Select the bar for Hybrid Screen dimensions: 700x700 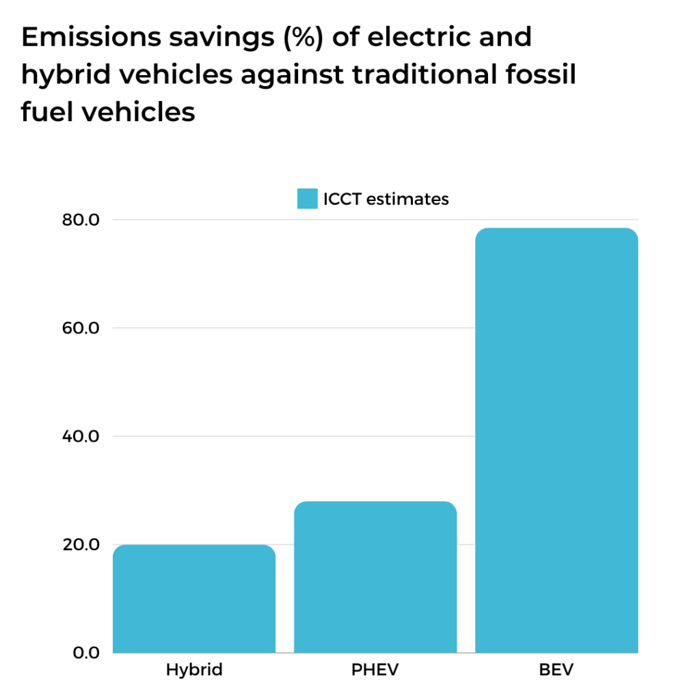pos(193,599)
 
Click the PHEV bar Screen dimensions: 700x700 pos(375,577)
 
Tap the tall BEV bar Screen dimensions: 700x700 pos(556,440)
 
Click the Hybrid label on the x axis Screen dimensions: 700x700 pos(194,670)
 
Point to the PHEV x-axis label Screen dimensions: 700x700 pos(375,670)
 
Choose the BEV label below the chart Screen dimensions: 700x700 pos(556,670)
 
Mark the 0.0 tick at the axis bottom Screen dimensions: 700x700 pos(85,653)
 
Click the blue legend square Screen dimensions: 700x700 pos(307,199)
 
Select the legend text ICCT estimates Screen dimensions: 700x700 pos(386,200)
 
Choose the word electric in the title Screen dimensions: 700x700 pos(416,38)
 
